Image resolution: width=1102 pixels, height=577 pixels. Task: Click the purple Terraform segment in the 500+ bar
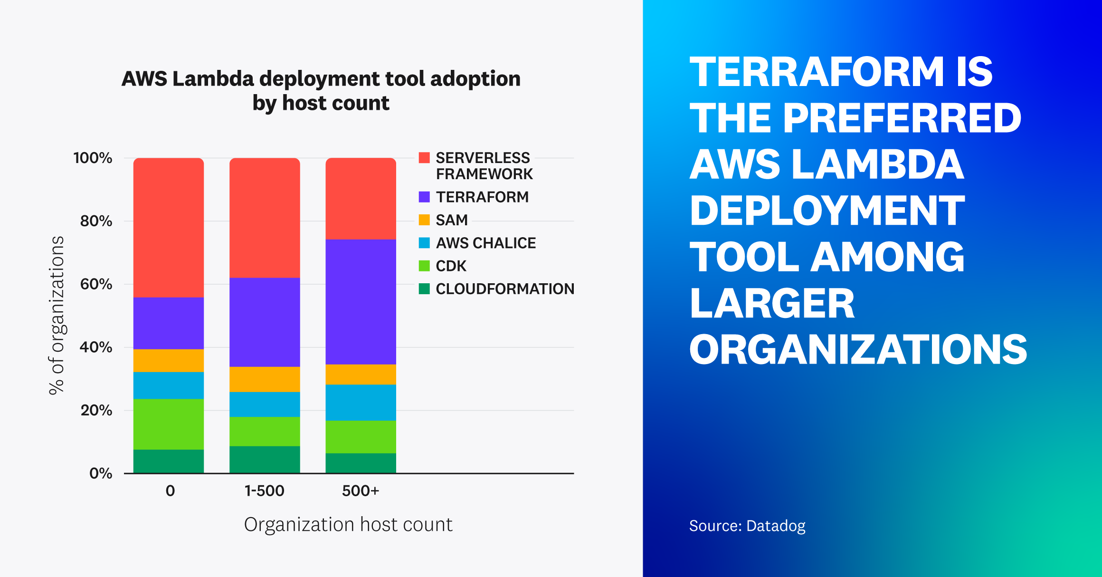point(361,302)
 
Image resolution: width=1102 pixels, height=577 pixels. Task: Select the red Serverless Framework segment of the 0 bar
point(169,228)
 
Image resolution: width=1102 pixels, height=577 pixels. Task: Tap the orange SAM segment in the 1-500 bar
point(265,379)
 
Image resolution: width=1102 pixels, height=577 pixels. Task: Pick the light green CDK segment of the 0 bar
point(169,424)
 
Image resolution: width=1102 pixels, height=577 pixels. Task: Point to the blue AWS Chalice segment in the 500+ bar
point(361,403)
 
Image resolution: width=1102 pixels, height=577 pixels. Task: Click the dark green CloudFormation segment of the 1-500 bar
point(265,460)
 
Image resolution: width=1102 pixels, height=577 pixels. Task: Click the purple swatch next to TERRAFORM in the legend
point(424,197)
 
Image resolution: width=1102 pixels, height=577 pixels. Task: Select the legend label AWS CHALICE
point(485,243)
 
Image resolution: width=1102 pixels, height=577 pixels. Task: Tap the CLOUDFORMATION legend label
point(504,288)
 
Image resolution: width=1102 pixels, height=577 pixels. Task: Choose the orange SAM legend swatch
point(424,220)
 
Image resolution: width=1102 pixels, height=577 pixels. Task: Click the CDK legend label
point(451,266)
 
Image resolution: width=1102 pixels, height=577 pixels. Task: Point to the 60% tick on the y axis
point(96,284)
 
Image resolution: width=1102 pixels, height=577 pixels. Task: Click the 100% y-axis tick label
point(93,158)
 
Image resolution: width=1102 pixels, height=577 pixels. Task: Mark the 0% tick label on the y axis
point(101,473)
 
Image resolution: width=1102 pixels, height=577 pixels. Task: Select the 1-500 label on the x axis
point(264,490)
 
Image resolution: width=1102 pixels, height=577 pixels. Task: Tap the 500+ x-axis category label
point(361,490)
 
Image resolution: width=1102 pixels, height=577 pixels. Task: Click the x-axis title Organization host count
point(348,525)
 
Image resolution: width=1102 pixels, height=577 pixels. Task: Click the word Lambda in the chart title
point(213,78)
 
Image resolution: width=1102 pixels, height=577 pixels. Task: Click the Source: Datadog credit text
point(747,526)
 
